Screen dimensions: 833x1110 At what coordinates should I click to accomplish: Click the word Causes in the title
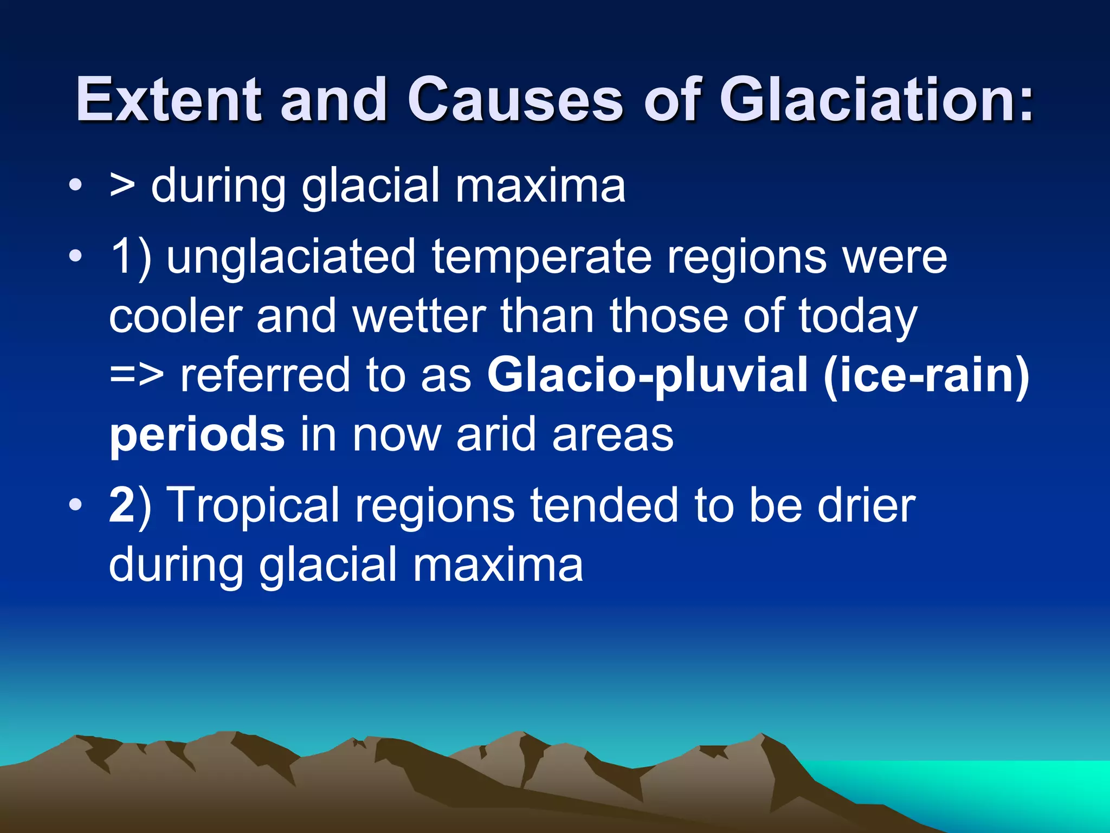click(x=515, y=99)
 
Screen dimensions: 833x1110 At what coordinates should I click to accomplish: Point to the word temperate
click(x=542, y=257)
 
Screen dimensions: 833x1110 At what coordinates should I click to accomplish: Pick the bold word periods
click(x=197, y=435)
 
